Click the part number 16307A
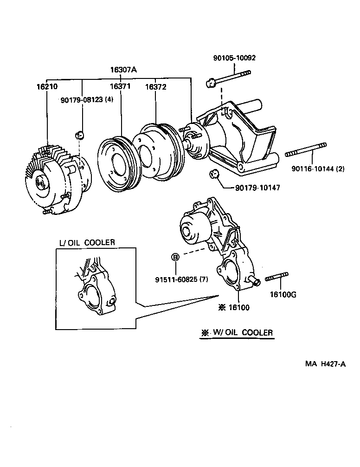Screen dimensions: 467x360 [x=123, y=71]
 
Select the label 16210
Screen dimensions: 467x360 [x=47, y=87]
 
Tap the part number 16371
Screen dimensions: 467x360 [x=120, y=87]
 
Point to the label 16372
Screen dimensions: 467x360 [x=155, y=87]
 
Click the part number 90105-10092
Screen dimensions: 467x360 [x=234, y=58]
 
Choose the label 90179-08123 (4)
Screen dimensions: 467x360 [x=87, y=99]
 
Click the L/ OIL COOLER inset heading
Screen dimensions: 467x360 [x=87, y=242]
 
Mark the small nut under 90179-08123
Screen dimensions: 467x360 [x=79, y=135]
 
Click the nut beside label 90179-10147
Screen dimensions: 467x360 [x=214, y=175]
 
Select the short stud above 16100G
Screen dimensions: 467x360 [x=276, y=277]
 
